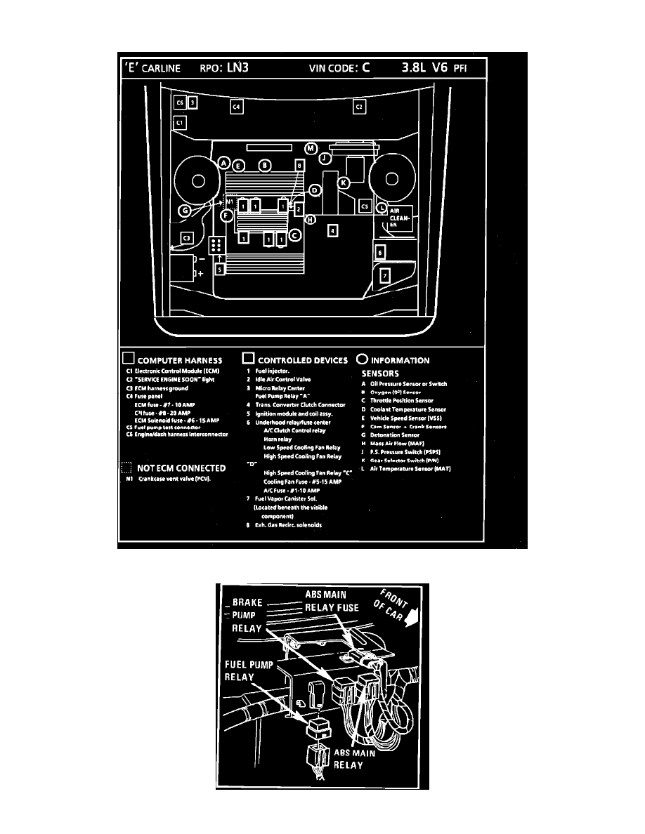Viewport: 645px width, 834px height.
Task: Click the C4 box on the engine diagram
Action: coord(237,107)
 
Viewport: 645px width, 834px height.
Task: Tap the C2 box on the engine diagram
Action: coord(358,107)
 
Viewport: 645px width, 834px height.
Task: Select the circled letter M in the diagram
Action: coord(311,149)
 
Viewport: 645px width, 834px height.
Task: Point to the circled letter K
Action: coord(344,183)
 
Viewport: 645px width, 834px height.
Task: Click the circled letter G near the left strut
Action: coord(185,210)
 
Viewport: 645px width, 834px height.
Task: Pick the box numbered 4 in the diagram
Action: coord(333,230)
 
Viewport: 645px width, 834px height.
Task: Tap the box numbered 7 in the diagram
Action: coord(384,276)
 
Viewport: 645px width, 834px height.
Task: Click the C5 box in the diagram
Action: coord(365,206)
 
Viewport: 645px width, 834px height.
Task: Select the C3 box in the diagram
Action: coord(187,238)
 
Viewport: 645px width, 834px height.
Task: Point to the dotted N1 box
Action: coord(230,201)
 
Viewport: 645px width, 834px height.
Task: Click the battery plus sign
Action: coord(200,273)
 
